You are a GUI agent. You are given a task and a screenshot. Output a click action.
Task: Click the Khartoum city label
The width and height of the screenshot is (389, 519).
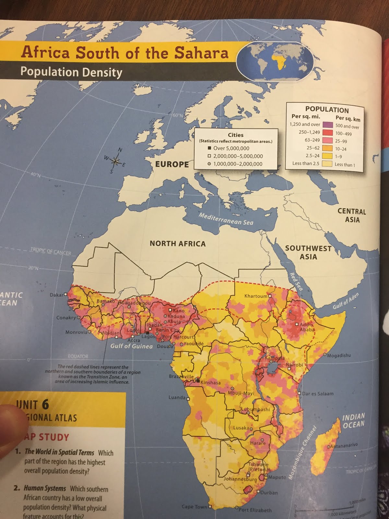click(255, 296)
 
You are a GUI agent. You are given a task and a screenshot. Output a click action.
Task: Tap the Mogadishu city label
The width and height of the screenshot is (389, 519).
click(339, 355)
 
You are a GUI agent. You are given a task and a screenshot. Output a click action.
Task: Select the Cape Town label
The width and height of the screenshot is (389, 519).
click(194, 506)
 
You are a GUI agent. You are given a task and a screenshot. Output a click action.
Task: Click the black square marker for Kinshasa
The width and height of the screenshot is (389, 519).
click(197, 382)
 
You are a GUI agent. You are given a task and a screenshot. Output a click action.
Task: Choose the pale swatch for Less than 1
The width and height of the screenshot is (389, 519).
click(328, 164)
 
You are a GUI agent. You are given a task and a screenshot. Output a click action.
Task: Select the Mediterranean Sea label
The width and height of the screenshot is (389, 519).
click(226, 219)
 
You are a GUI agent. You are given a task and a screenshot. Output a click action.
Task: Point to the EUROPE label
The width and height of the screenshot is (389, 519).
click(172, 164)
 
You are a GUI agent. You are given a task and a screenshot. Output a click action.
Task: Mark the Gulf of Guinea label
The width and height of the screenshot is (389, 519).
click(131, 346)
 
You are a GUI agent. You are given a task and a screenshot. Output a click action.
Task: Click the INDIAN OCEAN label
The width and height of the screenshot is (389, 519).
click(353, 420)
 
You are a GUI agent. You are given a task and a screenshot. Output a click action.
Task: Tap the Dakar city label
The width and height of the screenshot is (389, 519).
click(56, 295)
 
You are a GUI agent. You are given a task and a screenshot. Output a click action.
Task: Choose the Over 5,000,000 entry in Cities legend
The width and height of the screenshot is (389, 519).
click(231, 148)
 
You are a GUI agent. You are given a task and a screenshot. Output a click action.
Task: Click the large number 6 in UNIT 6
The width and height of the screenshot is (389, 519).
click(45, 404)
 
